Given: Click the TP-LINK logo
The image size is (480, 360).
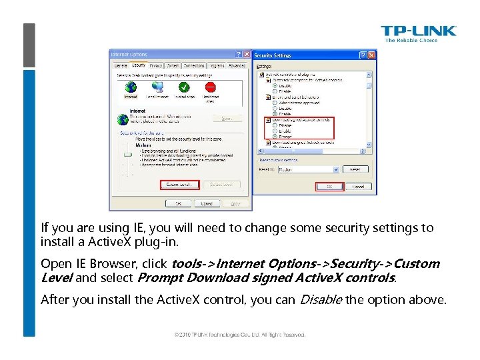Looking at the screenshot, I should (x=418, y=31).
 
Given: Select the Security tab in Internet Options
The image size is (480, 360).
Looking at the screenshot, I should (x=139, y=66).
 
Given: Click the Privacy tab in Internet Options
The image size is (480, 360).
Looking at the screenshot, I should (x=156, y=66).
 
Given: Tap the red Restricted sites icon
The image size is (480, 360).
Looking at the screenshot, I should (x=211, y=87).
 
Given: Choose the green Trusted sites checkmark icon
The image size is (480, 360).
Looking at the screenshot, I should (x=184, y=87).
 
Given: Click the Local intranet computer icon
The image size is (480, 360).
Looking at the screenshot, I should (x=157, y=87).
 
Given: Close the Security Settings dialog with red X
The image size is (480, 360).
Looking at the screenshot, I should (x=371, y=55).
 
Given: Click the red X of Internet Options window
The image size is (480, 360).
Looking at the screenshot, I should (x=247, y=54).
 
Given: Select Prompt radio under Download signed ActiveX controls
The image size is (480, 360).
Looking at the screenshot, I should (x=275, y=136).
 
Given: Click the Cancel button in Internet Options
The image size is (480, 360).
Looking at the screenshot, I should (x=207, y=203).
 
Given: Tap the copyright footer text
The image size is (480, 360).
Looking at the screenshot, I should (x=240, y=334).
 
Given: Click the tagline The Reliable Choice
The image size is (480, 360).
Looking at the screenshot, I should (x=411, y=41).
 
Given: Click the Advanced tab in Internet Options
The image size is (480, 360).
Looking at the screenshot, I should (x=237, y=66).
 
